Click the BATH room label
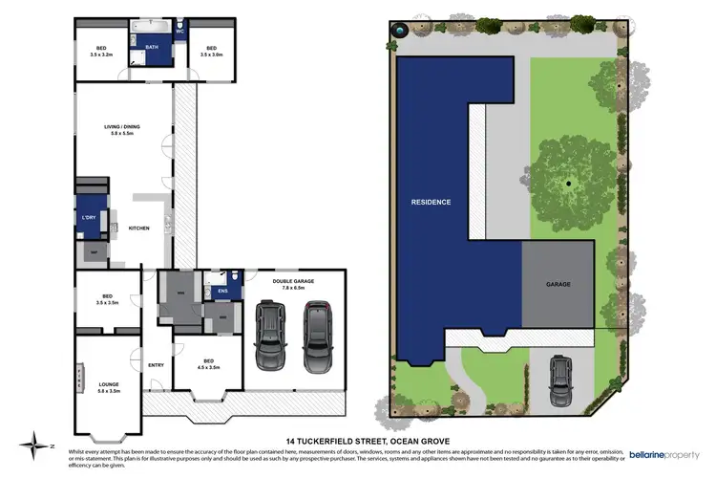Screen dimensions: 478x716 click(x=152, y=46)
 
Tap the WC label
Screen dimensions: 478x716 click(x=179, y=32)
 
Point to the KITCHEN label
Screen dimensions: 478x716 click(x=139, y=228)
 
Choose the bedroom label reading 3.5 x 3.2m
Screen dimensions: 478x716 click(x=100, y=52)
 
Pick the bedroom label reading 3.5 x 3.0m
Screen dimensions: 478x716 click(x=211, y=52)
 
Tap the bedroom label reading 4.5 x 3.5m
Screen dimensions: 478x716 click(x=207, y=362)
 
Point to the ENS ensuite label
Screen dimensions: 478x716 click(x=223, y=290)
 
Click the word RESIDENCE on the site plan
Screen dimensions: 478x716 click(x=431, y=203)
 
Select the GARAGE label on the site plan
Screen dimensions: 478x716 click(x=558, y=284)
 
